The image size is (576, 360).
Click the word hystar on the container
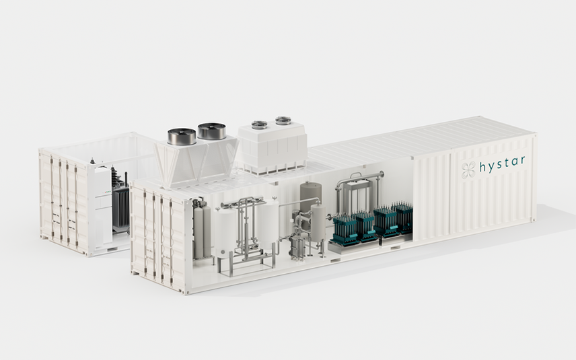502,164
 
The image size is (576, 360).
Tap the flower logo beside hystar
468,170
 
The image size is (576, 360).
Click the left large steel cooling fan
182,137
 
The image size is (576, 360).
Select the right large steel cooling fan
211,131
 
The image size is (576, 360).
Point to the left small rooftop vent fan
259,125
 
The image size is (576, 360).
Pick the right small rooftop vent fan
283,120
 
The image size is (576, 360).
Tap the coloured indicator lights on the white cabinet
106,192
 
